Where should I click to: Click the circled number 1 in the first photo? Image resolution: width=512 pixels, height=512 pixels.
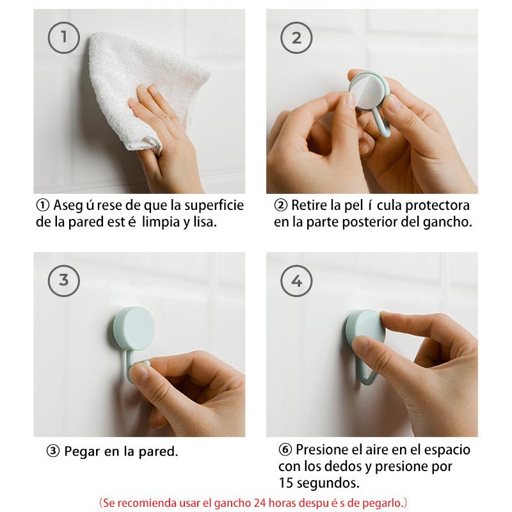64,38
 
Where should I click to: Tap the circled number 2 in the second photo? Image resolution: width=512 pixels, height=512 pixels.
296,38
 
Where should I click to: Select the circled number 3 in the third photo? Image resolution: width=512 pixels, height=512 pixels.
64,281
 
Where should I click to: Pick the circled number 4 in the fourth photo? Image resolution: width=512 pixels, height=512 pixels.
296,281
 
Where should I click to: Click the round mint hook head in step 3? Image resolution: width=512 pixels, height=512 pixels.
134,328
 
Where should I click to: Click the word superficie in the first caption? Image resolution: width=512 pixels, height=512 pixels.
214,205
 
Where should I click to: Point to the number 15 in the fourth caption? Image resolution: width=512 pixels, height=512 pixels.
286,483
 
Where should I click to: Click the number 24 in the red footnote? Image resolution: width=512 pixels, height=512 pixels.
260,502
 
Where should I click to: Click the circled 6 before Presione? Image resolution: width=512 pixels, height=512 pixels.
285,450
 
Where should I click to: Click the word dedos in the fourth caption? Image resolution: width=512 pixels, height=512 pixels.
342,467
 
